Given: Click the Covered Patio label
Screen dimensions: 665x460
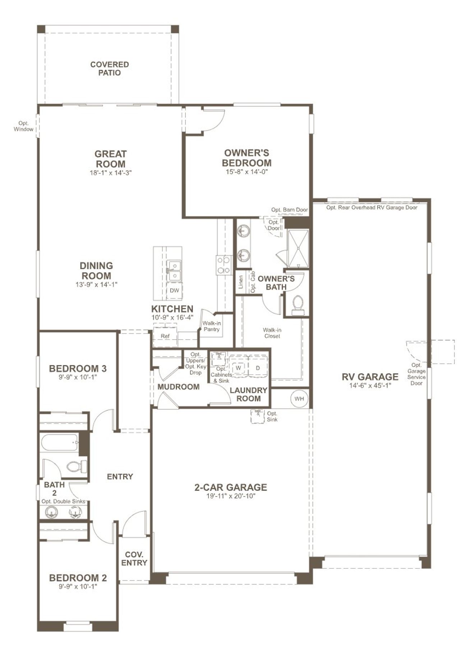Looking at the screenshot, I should (x=109, y=69).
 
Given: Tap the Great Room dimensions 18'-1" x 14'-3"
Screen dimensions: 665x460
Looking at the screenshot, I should (x=110, y=173).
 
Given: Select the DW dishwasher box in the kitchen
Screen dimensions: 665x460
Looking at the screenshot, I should (x=174, y=290).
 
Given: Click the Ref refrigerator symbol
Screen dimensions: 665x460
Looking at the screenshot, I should (x=165, y=337).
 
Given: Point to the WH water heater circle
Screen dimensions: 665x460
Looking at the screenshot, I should (x=299, y=399).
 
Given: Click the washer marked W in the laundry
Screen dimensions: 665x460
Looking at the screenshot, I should (x=238, y=368).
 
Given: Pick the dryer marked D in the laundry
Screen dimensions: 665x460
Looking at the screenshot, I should (x=258, y=368).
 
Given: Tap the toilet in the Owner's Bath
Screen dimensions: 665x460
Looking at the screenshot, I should (x=298, y=304).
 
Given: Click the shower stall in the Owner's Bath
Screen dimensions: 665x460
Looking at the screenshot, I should (x=298, y=249).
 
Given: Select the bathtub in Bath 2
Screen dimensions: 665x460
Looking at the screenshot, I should (x=60, y=442).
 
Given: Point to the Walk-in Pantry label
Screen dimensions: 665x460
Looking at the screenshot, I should (x=211, y=326).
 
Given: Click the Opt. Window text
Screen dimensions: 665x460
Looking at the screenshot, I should (x=23, y=126).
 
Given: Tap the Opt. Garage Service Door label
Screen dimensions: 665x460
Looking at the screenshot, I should (x=417, y=374).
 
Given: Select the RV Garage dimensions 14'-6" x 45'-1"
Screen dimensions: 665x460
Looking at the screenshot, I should (x=370, y=386).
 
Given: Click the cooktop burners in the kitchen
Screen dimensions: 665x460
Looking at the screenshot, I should (x=224, y=265).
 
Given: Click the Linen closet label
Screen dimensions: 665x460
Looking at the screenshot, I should (x=241, y=282).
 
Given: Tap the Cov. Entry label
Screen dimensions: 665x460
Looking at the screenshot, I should (x=134, y=559).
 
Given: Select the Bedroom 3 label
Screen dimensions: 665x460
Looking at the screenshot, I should (x=78, y=369).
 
